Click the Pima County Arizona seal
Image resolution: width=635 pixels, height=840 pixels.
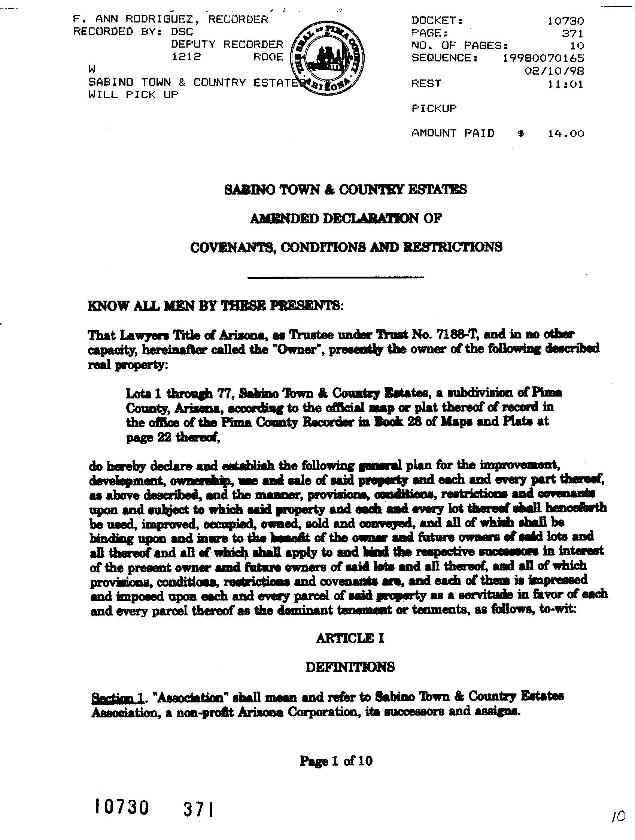[327, 59]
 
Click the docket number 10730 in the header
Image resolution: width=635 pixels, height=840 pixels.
[565, 21]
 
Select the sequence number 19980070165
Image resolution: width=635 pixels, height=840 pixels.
[543, 58]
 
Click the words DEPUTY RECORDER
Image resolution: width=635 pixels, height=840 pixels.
[227, 45]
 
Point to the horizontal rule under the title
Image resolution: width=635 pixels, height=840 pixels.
[335, 278]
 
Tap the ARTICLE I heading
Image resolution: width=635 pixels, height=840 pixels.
[350, 638]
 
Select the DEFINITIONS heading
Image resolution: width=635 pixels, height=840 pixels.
[350, 667]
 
